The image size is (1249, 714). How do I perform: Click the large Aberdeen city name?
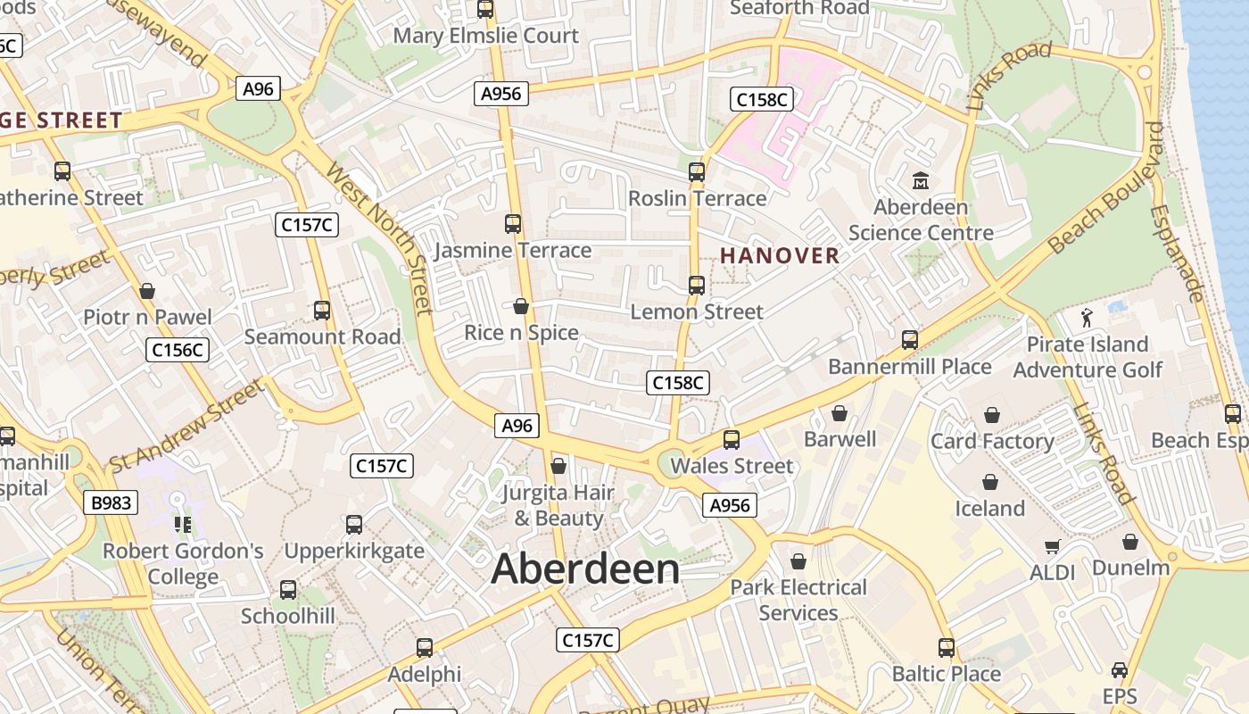[x=585, y=569]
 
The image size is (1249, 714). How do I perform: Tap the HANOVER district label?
[x=780, y=256]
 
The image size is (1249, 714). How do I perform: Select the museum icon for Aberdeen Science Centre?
[x=921, y=181]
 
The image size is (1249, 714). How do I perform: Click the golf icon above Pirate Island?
[x=1087, y=317]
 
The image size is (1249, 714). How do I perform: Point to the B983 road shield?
[x=112, y=502]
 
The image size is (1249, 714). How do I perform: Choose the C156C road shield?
[x=178, y=350]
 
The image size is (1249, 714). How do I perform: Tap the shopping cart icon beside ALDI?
[x=1053, y=546]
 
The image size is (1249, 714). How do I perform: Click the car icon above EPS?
[x=1120, y=669]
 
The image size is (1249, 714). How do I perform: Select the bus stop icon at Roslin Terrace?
[x=697, y=171]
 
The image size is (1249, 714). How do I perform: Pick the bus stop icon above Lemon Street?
[x=697, y=286]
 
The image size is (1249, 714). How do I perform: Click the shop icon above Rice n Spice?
[x=522, y=306]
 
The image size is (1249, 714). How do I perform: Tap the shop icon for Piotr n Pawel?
[x=147, y=291]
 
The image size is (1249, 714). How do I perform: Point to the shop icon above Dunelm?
[x=1130, y=542]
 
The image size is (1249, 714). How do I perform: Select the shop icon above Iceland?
[x=990, y=483]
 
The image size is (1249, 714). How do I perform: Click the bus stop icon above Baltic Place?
[x=947, y=647]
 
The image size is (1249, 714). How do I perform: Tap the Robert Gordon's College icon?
[x=183, y=525]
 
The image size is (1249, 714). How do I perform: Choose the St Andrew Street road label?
[x=187, y=427]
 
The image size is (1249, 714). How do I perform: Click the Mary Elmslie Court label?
[x=486, y=36]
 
